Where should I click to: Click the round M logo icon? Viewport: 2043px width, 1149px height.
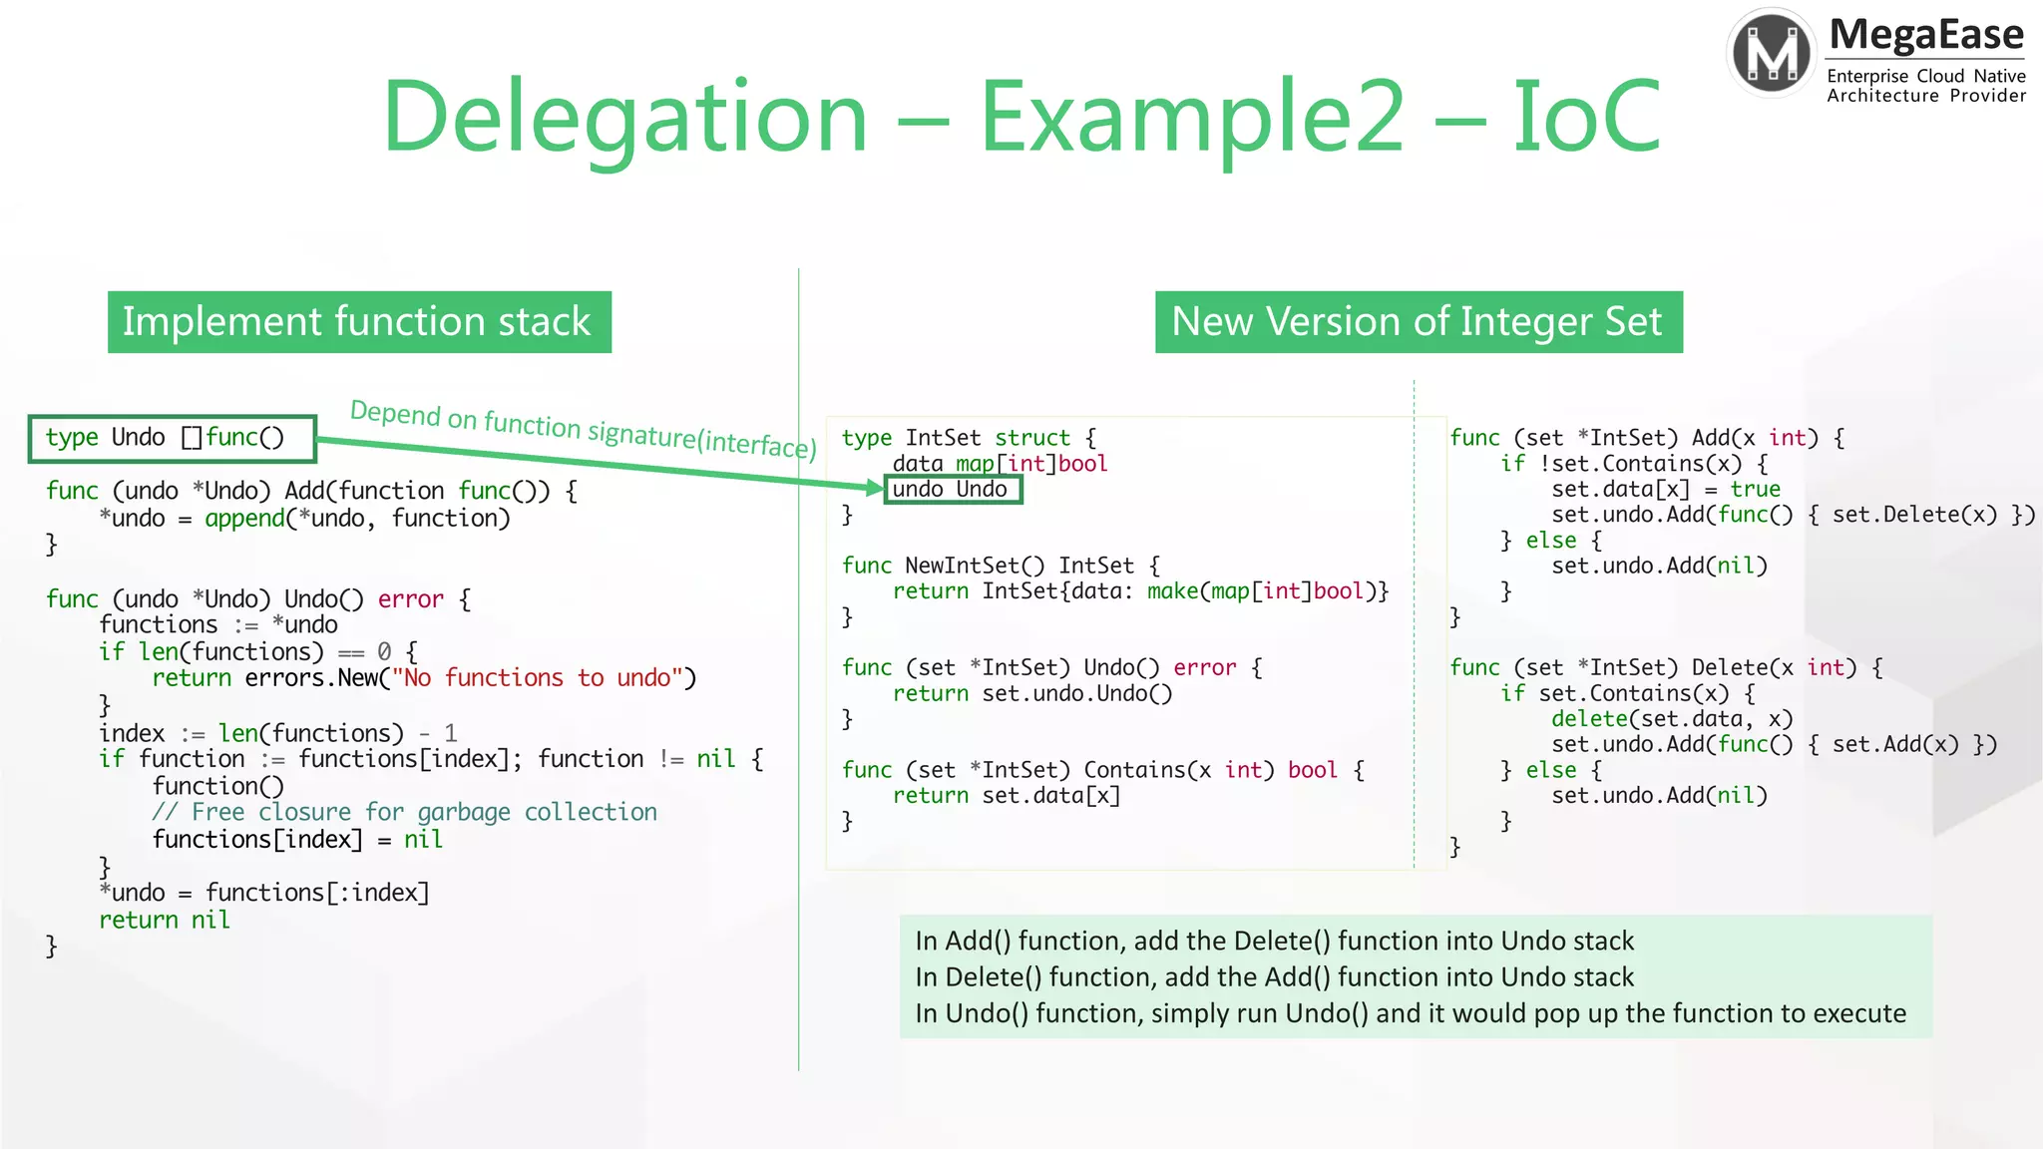pyautogui.click(x=1773, y=53)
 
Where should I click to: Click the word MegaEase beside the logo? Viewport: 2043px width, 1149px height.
pyautogui.click(x=1926, y=35)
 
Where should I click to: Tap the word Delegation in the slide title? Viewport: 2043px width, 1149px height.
pyautogui.click(x=624, y=118)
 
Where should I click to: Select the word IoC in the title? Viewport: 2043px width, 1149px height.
pyautogui.click(x=1586, y=118)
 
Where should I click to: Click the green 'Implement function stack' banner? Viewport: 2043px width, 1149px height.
pyautogui.click(x=359, y=322)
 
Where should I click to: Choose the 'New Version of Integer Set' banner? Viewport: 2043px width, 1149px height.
pyautogui.click(x=1418, y=322)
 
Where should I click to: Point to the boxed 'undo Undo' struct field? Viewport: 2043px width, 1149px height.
pyautogui.click(x=953, y=489)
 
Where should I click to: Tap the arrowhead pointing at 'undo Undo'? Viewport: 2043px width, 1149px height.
pyautogui.click(x=874, y=487)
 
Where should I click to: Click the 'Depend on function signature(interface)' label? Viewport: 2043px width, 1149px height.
pyautogui.click(x=583, y=428)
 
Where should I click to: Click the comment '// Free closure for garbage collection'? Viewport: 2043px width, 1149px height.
pyautogui.click(x=404, y=812)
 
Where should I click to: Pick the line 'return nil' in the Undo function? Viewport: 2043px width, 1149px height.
pyautogui.click(x=165, y=920)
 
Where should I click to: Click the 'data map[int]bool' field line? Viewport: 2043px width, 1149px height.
pyautogui.click(x=1000, y=464)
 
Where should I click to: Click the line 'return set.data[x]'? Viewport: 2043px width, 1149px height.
pyautogui.click(x=1007, y=796)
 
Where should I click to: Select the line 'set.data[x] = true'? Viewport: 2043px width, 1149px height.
pyautogui.click(x=1665, y=489)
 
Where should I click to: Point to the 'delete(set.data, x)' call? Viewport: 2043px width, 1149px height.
pyautogui.click(x=1671, y=719)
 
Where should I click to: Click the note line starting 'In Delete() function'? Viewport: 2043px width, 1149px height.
pyautogui.click(x=1274, y=976)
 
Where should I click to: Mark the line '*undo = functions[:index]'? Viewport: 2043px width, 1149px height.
pyautogui.click(x=264, y=892)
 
